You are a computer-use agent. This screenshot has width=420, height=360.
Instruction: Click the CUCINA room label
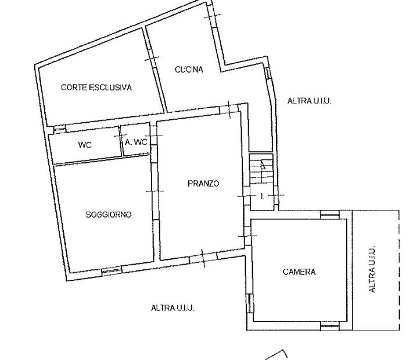pyautogui.click(x=189, y=70)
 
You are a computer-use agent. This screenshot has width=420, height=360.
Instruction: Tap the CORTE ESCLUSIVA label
pyautogui.click(x=96, y=87)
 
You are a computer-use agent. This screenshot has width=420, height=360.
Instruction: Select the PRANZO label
pyautogui.click(x=203, y=183)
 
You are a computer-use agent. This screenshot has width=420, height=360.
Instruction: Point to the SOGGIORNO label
pyautogui.click(x=109, y=215)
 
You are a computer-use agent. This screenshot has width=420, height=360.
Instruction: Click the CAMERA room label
pyautogui.click(x=299, y=272)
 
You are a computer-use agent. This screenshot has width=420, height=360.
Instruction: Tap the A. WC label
pyautogui.click(x=136, y=142)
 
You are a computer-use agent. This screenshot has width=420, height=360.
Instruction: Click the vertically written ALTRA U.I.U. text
pyautogui.click(x=372, y=269)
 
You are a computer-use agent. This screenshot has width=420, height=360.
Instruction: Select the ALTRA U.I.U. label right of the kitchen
pyautogui.click(x=310, y=101)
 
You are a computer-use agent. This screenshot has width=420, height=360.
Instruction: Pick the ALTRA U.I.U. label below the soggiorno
pyautogui.click(x=173, y=308)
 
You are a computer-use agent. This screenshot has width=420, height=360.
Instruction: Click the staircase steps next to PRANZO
pyautogui.click(x=261, y=170)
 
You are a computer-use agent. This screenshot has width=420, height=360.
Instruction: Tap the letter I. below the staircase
pyautogui.click(x=262, y=197)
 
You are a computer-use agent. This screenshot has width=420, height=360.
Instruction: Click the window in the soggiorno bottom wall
pyautogui.click(x=112, y=271)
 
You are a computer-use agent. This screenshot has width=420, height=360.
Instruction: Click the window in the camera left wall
pyautogui.click(x=250, y=303)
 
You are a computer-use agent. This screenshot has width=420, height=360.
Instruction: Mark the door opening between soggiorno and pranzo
pyautogui.click(x=156, y=191)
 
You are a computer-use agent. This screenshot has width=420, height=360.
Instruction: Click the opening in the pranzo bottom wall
pyautogui.click(x=203, y=258)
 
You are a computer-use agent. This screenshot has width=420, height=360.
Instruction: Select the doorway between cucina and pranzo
pyautogui.click(x=229, y=109)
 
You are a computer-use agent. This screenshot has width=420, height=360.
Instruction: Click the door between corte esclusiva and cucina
pyautogui.click(x=152, y=59)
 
